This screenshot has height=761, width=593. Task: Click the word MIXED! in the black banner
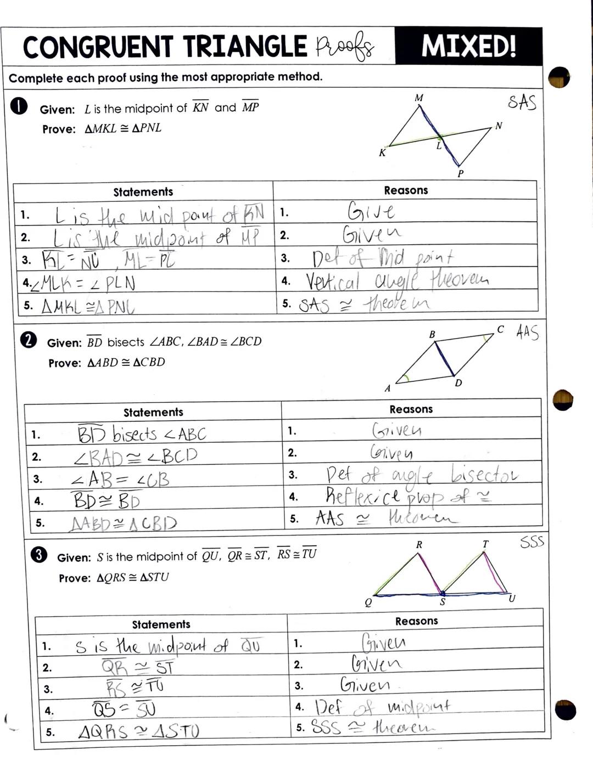pyautogui.click(x=468, y=46)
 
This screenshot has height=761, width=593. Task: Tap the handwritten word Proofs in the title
pyautogui.click(x=345, y=47)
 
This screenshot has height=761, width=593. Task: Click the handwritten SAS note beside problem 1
pyautogui.click(x=522, y=102)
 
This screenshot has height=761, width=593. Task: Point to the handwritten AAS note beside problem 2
pyautogui.click(x=527, y=332)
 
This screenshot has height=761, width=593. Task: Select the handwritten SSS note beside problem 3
pyautogui.click(x=532, y=543)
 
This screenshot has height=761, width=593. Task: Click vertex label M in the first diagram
pyautogui.click(x=418, y=98)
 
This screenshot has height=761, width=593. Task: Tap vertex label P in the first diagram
pyautogui.click(x=461, y=173)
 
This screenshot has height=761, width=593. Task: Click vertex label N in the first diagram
pyautogui.click(x=499, y=126)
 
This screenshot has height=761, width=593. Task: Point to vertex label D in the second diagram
pyautogui.click(x=458, y=383)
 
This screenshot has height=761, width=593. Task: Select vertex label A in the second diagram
pyautogui.click(x=387, y=388)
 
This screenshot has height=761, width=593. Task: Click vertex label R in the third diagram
pyautogui.click(x=419, y=545)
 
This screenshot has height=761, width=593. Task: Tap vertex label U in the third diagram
pyautogui.click(x=512, y=599)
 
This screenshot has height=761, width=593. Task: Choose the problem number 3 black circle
pyautogui.click(x=38, y=555)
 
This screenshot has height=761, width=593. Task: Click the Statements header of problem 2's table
pyautogui.click(x=153, y=412)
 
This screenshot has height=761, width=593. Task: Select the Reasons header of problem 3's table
pyautogui.click(x=417, y=621)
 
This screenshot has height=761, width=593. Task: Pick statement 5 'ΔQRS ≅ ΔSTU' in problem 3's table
pyautogui.click(x=138, y=731)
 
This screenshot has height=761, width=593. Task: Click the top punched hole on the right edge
pyautogui.click(x=559, y=77)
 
